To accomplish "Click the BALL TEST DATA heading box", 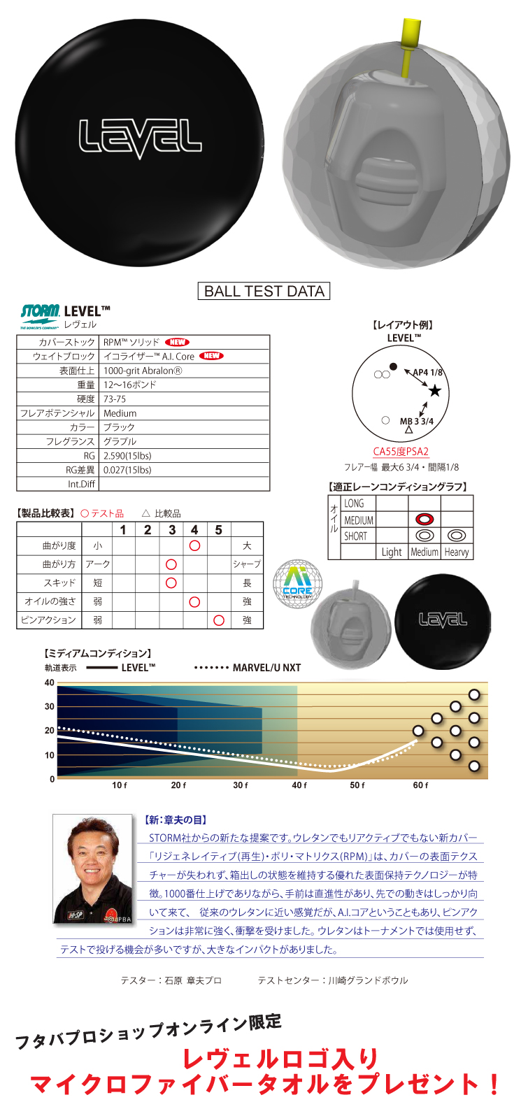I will click(264, 291).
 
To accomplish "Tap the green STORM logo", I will click(40, 313).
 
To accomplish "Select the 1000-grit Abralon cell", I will click(143, 371).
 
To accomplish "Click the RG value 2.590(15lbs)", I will click(127, 456).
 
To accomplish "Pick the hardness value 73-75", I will click(115, 399).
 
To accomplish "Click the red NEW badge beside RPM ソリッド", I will click(178, 342).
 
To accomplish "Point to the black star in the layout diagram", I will click(435, 391).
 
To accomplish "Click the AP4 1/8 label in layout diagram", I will click(427, 373).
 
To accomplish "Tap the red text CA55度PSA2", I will click(401, 452).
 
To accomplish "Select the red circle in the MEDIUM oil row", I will click(424, 520).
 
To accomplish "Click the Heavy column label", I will click(457, 552).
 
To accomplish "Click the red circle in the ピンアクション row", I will click(219, 620).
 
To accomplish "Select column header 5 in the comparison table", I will click(219, 530).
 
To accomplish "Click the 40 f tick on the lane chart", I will click(299, 785).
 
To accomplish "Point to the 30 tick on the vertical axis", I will click(50, 707).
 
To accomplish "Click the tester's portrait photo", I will click(93, 868).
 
